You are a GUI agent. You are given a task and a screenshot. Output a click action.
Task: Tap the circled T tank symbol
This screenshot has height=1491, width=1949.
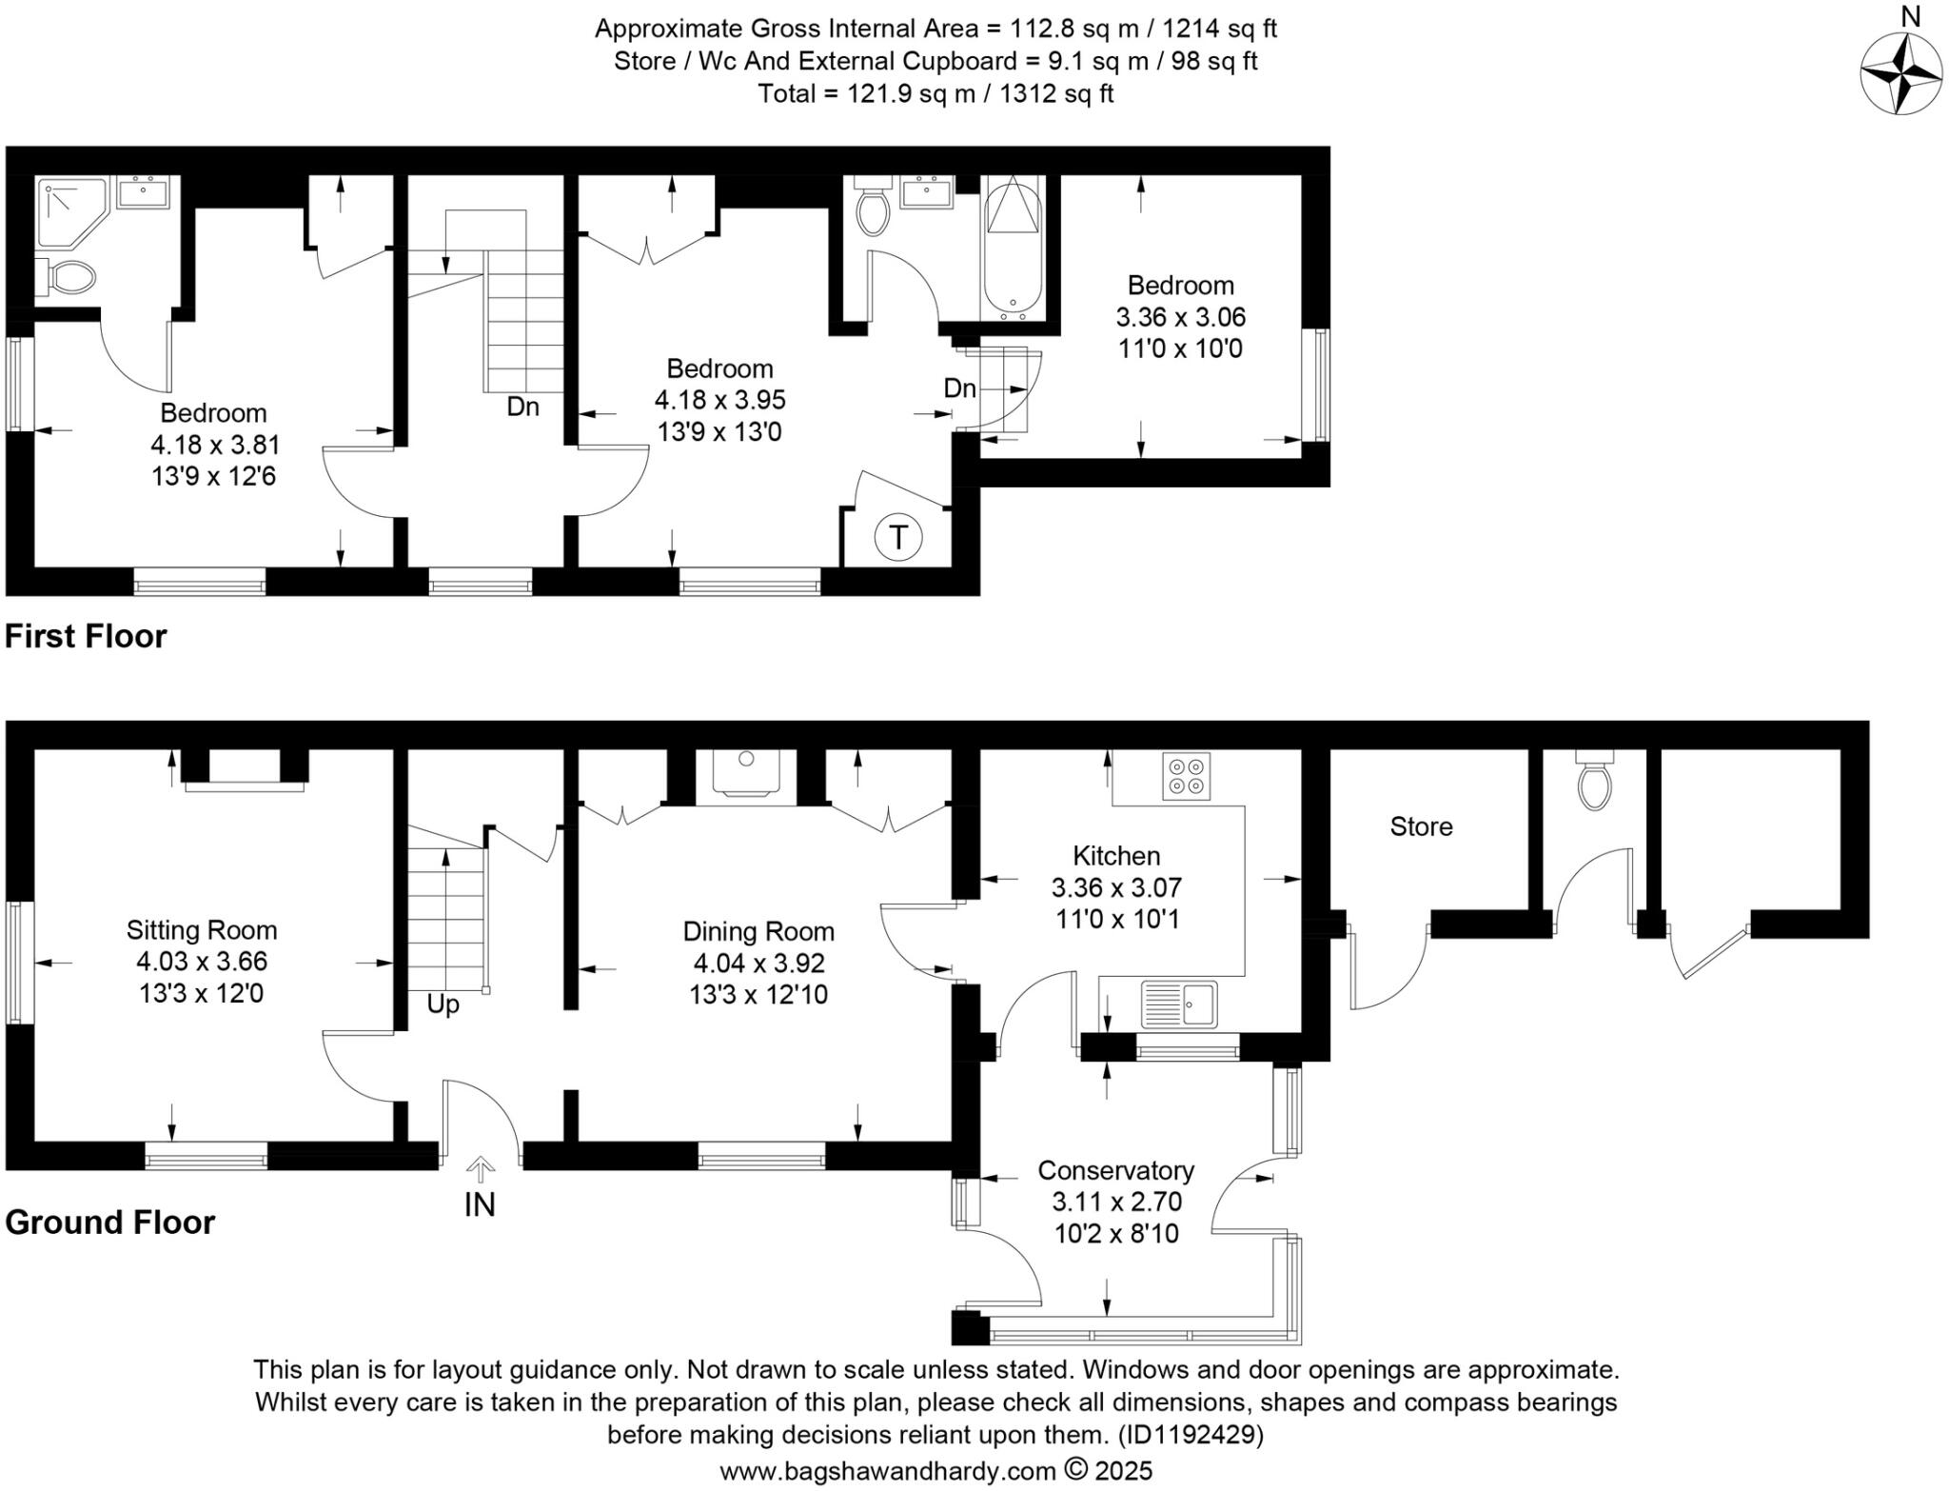897,538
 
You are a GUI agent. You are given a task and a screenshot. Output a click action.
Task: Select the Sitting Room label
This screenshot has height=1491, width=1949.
202,930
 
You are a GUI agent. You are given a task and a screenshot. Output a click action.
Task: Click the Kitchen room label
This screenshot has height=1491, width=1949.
1116,855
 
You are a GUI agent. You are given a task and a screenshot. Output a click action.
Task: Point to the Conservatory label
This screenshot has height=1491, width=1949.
1115,1170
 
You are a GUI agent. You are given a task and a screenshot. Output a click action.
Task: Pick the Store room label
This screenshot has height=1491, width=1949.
1421,826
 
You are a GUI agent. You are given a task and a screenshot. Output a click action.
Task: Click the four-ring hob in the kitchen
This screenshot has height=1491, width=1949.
1186,776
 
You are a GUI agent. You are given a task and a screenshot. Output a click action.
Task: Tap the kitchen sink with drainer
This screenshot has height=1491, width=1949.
1178,1004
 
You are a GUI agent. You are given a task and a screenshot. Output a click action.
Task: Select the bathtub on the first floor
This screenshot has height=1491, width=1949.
1014,248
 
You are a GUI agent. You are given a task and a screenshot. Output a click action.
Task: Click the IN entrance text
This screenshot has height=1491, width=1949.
480,1204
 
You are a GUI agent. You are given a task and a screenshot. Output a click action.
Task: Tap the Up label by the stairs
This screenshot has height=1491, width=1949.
443,1004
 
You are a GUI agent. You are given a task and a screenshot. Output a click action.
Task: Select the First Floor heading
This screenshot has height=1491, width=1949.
86,636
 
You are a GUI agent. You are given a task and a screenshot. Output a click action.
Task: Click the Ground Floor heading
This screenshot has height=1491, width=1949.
110,1222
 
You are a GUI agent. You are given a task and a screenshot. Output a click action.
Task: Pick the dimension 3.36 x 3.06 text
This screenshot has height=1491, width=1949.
1180,317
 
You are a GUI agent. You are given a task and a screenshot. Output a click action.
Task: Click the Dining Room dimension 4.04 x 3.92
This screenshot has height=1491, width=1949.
758,963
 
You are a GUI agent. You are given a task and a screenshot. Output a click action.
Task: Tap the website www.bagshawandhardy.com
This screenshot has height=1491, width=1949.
887,1471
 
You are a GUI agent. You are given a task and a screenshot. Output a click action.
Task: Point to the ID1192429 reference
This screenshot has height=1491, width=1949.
1190,1434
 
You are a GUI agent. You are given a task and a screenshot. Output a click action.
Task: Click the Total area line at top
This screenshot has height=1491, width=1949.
935,93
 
